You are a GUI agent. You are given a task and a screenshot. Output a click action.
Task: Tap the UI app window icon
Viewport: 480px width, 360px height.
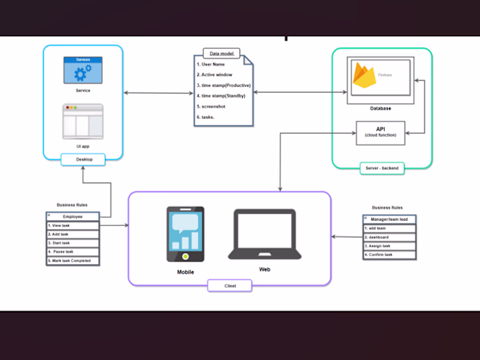pos(82,121)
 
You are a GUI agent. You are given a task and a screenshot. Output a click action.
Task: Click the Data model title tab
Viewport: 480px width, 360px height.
pos(221,52)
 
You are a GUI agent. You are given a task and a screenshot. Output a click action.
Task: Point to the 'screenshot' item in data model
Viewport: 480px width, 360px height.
pos(215,106)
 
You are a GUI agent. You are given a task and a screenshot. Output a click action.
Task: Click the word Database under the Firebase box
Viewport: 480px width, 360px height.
pos(381,108)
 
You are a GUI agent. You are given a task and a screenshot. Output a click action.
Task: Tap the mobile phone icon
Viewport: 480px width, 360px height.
pos(185,234)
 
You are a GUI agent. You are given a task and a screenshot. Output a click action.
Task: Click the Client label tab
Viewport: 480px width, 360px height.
pos(230,285)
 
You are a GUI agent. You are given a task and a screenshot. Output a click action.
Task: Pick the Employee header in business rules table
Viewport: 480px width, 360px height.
pos(73,216)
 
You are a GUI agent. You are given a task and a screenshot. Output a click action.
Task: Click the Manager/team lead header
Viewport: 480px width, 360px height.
pos(389,219)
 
